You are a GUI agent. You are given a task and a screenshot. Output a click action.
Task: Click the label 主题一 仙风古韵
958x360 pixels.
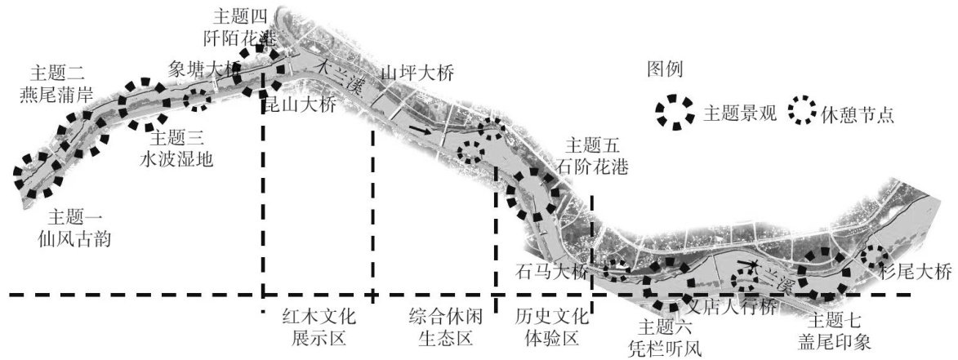coord(78,228)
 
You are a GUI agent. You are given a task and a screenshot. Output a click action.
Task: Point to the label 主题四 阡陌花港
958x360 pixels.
coord(240,27)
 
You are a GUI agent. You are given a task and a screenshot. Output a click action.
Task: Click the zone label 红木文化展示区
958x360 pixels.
coord(314,327)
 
